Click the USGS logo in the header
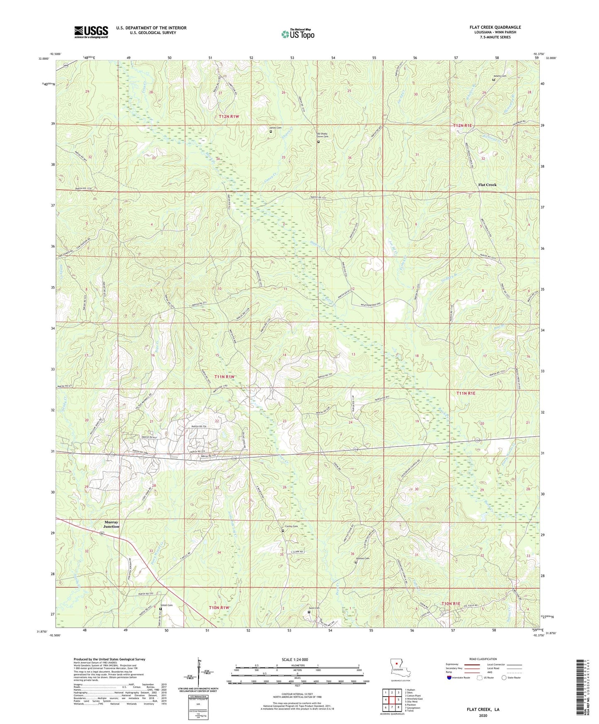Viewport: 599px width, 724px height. [x=91, y=32]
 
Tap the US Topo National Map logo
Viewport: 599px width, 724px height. [x=298, y=34]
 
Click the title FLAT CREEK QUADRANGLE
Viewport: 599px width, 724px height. [x=495, y=27]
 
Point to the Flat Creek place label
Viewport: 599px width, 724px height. [x=487, y=185]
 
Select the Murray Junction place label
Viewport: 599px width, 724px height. [x=111, y=524]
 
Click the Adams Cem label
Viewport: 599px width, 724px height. [x=500, y=76]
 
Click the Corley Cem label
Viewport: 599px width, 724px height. [x=291, y=526]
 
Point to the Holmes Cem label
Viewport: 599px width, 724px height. [x=362, y=558]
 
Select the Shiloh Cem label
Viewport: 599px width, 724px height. [x=167, y=605]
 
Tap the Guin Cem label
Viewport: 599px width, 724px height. [x=314, y=608]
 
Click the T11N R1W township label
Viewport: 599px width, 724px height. [x=224, y=377]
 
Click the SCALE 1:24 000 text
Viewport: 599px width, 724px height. [x=297, y=660]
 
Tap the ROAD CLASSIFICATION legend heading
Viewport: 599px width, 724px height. [x=483, y=659]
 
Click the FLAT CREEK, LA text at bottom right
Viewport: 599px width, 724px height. [x=483, y=709]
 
